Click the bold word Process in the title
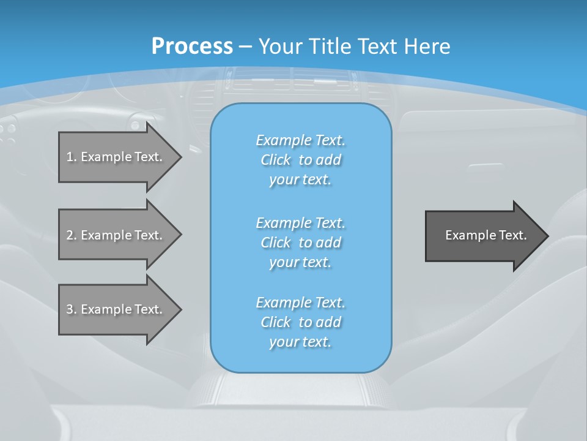[x=192, y=47]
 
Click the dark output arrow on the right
[x=483, y=236]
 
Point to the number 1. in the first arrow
[x=72, y=157]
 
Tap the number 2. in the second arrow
[x=72, y=235]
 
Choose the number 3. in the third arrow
[x=72, y=309]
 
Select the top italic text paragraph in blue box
[x=300, y=160]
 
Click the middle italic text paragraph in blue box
[x=300, y=243]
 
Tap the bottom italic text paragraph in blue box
[x=300, y=322]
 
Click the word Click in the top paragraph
[x=276, y=160]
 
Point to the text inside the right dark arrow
[x=485, y=235]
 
